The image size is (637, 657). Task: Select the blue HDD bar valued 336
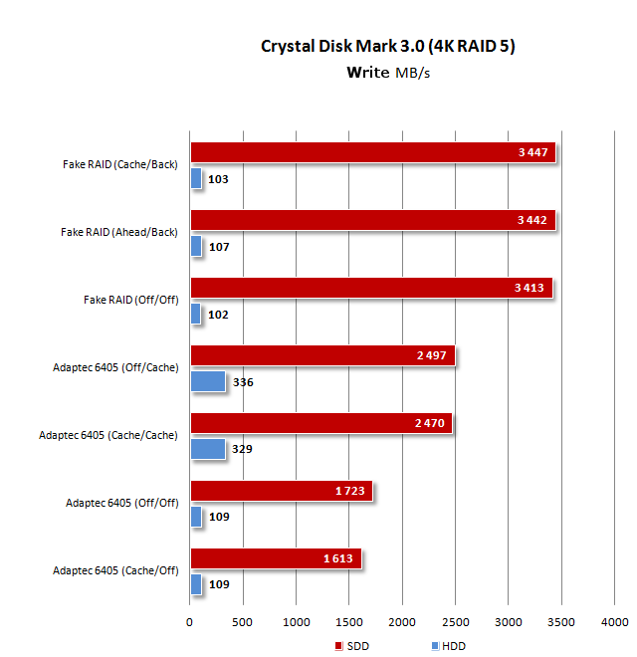208,381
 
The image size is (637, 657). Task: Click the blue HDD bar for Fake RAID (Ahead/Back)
196,246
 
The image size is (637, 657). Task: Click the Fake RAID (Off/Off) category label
129,300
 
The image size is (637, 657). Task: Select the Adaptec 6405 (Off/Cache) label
115,367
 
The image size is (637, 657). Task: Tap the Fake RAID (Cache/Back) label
118,164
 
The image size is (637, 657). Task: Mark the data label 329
242,449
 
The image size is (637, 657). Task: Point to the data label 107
219,246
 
